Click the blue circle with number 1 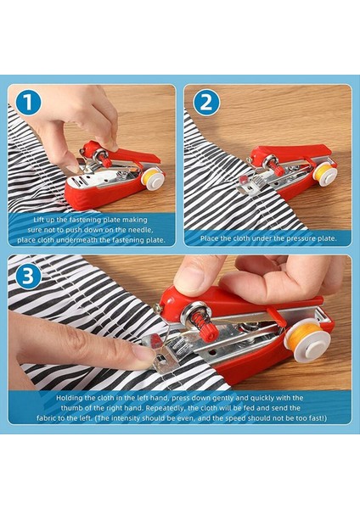(28, 103)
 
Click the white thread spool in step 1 (153, 177)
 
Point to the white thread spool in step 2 (325, 172)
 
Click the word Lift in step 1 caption (39, 219)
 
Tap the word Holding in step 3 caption (72, 397)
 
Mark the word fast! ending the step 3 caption (312, 417)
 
